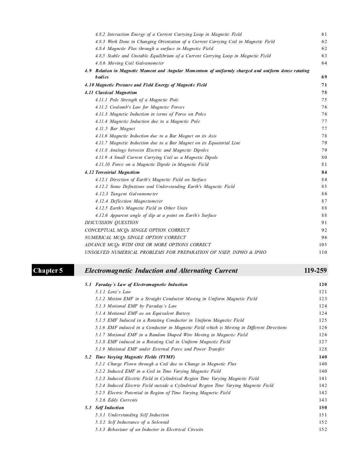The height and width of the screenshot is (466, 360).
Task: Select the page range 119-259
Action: pos(315,271)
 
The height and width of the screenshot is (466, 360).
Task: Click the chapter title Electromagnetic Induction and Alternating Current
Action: pos(161,271)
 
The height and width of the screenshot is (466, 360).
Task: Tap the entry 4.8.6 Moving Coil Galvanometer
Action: pos(129,63)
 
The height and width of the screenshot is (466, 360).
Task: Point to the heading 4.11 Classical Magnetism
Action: pos(111,93)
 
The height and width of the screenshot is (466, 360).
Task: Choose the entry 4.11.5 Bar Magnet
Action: pos(115,129)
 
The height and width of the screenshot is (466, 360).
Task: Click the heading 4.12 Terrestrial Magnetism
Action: pos(112,172)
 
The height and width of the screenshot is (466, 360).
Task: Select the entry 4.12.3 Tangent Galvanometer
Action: pos(127,194)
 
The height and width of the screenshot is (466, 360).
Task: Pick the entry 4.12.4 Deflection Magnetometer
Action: pos(129,201)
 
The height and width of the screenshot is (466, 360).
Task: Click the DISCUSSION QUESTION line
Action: pos(112,223)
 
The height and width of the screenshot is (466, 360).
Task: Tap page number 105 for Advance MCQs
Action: pos(323,245)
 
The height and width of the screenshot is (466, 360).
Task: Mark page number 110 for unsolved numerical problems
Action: pos(323,253)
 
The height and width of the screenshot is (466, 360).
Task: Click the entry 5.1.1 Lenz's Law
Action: pos(113,292)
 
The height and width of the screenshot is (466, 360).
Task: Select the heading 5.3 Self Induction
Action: pos(104,408)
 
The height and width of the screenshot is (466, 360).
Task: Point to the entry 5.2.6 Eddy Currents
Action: pos(116,400)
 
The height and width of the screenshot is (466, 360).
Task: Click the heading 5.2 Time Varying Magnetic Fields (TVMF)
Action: pos(130,357)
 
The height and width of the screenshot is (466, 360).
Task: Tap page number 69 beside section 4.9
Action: pos(324,77)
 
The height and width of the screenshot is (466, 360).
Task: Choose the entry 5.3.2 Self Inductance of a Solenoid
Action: pos(132,422)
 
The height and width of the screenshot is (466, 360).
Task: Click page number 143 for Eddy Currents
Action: pos(323,400)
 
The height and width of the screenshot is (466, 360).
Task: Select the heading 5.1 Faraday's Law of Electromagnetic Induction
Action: pos(136,285)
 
